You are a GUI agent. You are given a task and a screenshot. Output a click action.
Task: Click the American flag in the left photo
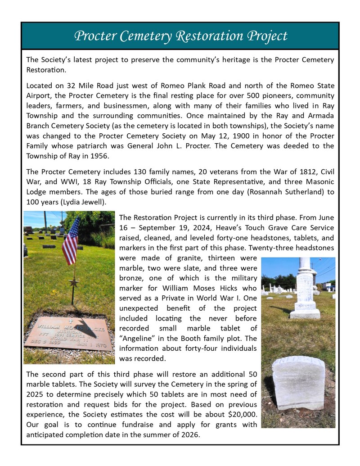71,241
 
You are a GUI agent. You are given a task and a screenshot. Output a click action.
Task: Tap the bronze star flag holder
73,282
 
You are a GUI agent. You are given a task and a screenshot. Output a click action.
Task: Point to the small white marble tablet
298,382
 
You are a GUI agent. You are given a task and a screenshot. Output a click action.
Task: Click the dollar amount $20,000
241,415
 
